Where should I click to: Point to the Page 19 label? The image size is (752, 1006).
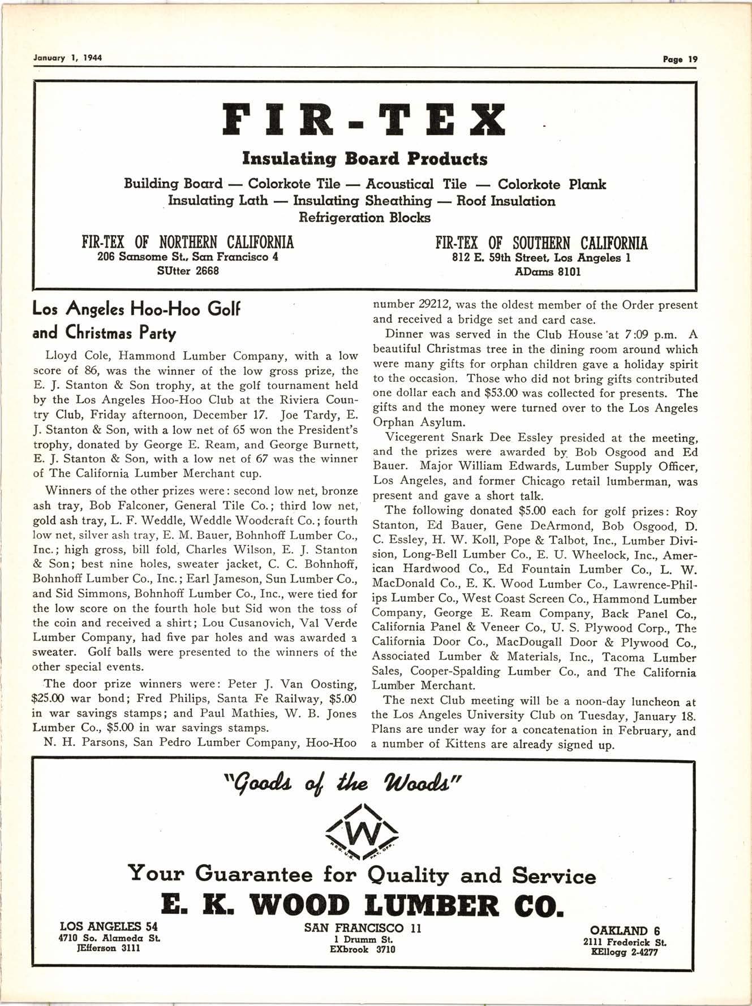tap(681, 59)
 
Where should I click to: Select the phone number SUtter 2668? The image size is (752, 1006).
tap(188, 271)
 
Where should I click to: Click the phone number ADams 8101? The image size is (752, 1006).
tap(541, 272)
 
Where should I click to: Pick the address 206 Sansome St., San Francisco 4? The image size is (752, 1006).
tap(188, 257)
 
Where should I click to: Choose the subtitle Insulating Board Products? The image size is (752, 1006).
tap(364, 159)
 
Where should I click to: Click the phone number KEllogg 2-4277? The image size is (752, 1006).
tap(624, 951)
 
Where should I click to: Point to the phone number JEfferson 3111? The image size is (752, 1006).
tap(109, 948)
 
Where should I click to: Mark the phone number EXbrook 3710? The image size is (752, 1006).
tap(362, 949)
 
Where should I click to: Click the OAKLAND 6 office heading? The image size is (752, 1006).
tap(625, 931)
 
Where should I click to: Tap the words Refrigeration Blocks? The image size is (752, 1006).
tap(364, 218)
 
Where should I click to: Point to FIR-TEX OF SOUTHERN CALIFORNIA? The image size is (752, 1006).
tap(541, 244)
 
